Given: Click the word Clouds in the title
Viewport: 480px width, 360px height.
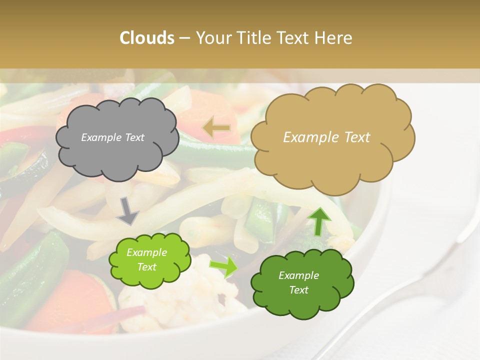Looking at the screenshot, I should pos(147,38).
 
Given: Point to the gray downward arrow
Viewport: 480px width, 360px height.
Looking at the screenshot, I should pos(128,211).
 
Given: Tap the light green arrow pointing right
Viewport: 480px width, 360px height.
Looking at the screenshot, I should pos(224,266).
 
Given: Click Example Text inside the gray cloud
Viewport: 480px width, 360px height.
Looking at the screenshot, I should pos(112,137).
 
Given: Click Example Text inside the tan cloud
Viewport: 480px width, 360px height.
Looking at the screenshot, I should pos(326,137).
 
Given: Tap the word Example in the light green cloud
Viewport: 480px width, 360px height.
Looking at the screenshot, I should pos(146,252).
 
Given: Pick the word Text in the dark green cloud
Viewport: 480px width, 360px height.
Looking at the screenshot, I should pos(298,290).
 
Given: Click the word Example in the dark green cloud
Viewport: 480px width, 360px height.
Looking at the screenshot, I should pos(298,275).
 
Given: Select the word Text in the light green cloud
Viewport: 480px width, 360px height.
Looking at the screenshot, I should pos(146,267).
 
